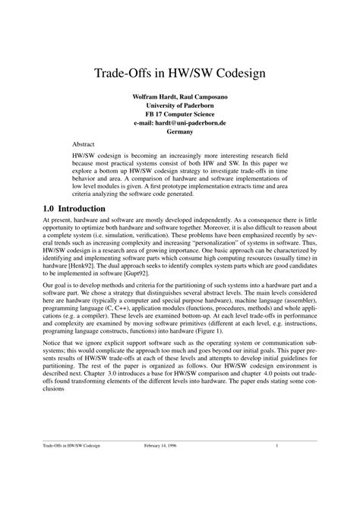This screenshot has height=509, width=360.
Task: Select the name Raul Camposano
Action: click(x=201, y=98)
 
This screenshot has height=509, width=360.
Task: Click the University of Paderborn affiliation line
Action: click(x=179, y=106)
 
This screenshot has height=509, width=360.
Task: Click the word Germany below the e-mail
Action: click(x=179, y=131)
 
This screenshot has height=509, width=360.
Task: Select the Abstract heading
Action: click(x=84, y=142)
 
